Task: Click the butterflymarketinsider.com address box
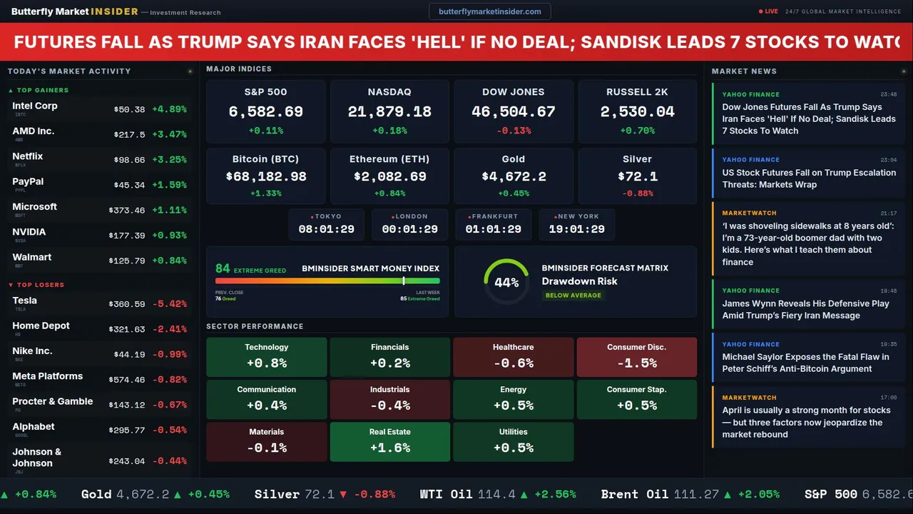(490, 11)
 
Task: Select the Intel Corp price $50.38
(129, 109)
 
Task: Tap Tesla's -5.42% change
(170, 304)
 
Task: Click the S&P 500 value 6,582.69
(265, 112)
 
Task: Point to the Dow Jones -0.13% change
(513, 131)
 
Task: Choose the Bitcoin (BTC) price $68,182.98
(265, 176)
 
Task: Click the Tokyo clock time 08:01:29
(326, 229)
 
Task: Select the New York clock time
(576, 229)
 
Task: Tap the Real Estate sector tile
(389, 442)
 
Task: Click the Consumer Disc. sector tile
(636, 357)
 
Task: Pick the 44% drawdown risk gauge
(506, 282)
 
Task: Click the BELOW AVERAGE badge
(573, 295)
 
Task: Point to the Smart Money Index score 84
(223, 268)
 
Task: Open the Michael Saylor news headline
(805, 363)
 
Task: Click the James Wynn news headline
(805, 309)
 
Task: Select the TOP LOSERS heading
(40, 285)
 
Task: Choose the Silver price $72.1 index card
(637, 176)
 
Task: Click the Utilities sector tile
(513, 442)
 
